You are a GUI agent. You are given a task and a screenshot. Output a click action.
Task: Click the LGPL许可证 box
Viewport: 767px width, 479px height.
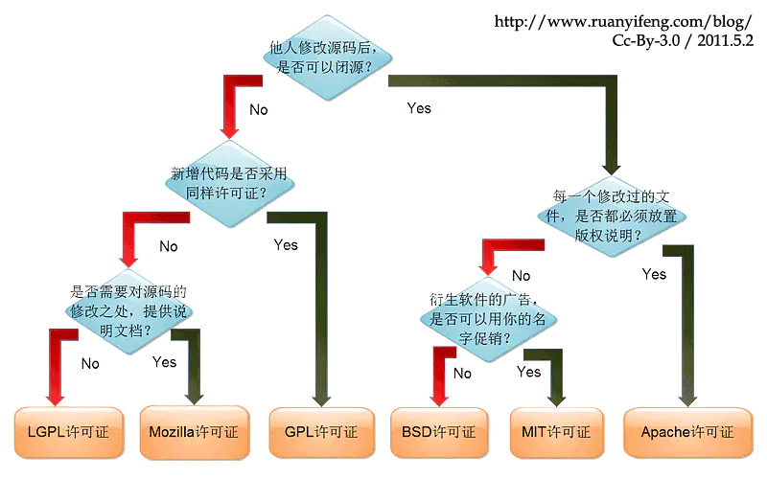[x=68, y=431]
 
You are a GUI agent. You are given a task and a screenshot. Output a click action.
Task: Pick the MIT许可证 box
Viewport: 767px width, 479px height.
[x=557, y=431]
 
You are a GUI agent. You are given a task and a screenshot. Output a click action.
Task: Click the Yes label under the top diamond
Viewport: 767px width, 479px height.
[x=419, y=108]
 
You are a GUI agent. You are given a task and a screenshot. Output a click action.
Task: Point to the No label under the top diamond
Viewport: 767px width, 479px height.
[x=259, y=109]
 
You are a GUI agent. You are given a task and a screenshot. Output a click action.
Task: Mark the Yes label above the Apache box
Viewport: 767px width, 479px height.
[x=654, y=274]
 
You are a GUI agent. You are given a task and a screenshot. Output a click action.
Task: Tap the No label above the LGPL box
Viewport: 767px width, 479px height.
[x=91, y=363]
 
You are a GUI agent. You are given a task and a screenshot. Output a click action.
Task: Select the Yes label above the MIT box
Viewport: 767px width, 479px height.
[x=529, y=371]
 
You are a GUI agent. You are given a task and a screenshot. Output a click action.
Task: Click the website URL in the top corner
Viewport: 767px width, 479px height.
[x=623, y=21]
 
